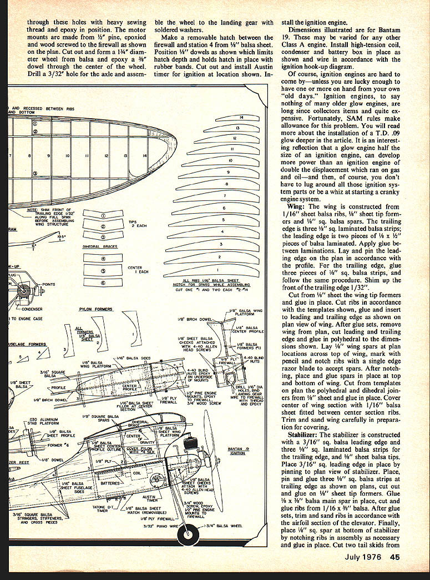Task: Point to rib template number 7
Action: tap(224, 196)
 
